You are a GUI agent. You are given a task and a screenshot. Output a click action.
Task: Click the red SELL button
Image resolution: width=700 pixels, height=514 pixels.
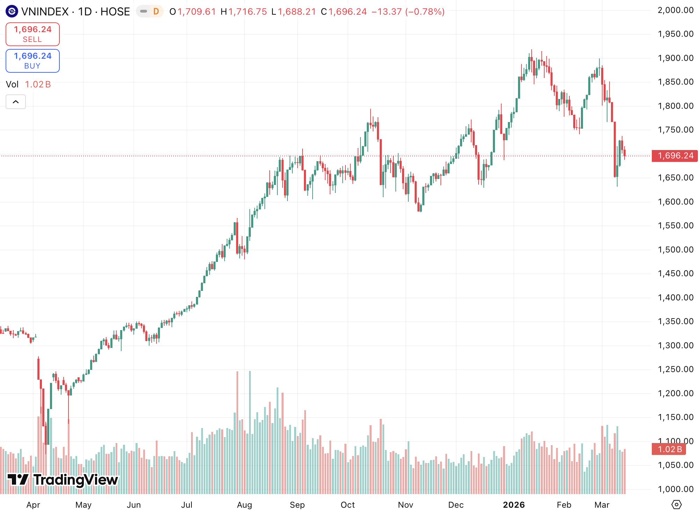coord(32,34)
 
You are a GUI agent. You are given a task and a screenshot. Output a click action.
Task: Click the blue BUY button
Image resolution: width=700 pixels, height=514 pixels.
coord(32,61)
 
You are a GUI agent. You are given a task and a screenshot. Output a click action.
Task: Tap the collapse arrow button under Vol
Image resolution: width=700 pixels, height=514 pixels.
coord(16,102)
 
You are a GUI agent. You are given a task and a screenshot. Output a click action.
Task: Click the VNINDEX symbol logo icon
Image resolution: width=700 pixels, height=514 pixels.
coord(12,12)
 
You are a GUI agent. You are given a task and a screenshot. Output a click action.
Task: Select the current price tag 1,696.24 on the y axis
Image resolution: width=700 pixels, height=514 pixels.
coord(675,156)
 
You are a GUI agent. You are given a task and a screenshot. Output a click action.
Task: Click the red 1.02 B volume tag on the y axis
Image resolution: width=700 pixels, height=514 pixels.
coord(669,449)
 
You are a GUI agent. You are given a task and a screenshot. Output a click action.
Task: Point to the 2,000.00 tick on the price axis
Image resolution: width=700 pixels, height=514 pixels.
coord(675,10)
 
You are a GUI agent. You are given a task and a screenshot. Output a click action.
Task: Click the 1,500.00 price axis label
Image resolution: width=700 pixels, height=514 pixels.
coord(675,250)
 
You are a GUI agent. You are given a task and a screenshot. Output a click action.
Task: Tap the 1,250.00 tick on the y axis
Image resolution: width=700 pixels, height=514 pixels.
coord(675,369)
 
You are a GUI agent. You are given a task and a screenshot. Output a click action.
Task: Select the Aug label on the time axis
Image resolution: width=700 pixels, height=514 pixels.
coord(244,505)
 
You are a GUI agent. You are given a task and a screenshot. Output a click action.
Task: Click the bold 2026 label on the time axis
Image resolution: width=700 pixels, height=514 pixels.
coord(513,505)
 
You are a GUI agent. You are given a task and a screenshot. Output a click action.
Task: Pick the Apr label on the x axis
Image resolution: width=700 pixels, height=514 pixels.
coord(33,505)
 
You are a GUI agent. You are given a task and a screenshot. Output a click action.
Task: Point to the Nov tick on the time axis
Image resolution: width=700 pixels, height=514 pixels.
coord(405,505)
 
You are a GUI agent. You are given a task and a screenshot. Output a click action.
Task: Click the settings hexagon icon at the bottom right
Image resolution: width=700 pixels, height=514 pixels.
coord(676,505)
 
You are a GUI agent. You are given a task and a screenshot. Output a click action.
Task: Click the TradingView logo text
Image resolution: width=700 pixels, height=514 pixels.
coord(63,480)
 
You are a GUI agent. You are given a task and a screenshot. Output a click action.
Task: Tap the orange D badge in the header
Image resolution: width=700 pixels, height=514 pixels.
coord(156,12)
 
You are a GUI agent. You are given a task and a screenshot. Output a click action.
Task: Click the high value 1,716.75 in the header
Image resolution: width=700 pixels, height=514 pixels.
coord(247,12)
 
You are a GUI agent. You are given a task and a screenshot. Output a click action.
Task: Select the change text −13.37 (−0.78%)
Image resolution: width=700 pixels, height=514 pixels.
coord(408,12)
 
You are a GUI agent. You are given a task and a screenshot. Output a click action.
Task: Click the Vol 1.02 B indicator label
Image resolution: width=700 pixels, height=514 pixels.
coord(28,84)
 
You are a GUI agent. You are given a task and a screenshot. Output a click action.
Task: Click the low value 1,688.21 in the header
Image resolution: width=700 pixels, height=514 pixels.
coord(297,12)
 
